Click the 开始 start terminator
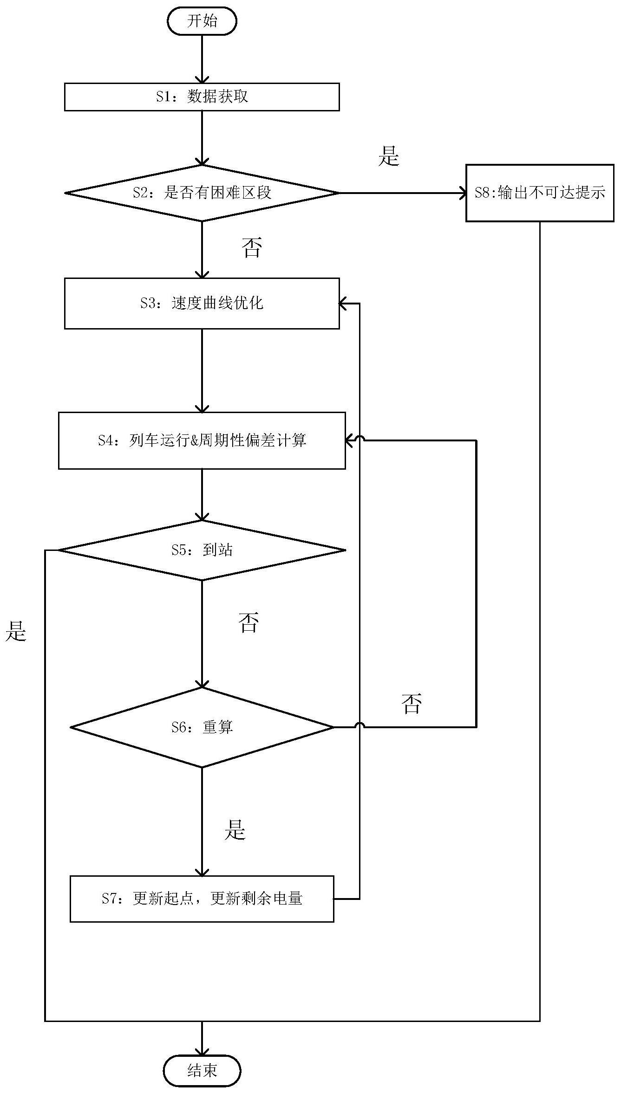(202, 21)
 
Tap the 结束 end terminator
(202, 1070)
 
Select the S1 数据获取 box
(202, 97)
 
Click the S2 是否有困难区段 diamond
(202, 193)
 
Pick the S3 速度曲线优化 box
(202, 304)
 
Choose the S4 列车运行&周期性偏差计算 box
(202, 440)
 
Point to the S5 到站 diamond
(202, 550)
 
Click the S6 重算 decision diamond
(202, 727)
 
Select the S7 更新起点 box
(202, 899)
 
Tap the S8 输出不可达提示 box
(540, 193)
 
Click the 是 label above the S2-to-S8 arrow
(389, 156)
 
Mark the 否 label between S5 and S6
(248, 622)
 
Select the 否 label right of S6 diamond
(412, 704)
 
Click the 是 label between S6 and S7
(235, 829)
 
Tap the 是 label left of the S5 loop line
(16, 631)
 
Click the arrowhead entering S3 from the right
(343, 304)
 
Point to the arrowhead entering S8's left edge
(463, 193)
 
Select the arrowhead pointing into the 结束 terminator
(202, 1051)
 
